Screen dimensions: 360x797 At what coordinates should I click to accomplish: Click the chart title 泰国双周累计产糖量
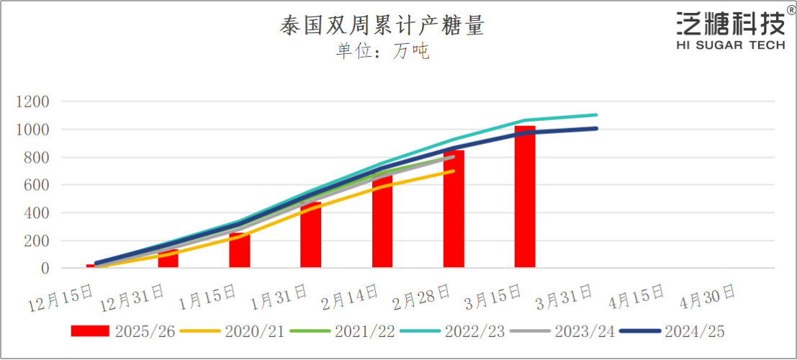[382, 27]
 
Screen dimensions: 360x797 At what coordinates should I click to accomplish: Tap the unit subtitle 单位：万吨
[382, 51]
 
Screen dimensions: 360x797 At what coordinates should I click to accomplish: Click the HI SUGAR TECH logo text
[730, 45]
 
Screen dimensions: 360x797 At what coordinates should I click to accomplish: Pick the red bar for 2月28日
[454, 209]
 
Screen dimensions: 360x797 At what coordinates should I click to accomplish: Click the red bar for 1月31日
[311, 235]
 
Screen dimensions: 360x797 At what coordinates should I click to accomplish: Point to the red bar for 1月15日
[240, 250]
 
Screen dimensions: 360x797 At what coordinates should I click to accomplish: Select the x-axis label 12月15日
[62, 297]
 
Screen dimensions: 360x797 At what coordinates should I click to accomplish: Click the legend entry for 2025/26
[122, 331]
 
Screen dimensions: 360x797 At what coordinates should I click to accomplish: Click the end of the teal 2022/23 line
[596, 114]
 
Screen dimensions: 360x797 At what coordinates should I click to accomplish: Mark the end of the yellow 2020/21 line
[454, 171]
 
